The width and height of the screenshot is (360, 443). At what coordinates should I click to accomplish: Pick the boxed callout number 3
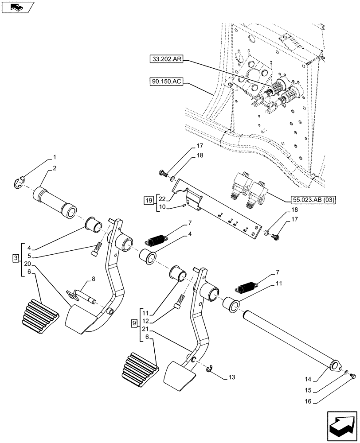pyautogui.click(x=16, y=258)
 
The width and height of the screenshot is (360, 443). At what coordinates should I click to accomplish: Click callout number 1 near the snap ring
pyautogui.click(x=55, y=157)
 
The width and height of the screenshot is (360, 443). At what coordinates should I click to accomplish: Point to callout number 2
pyautogui.click(x=55, y=168)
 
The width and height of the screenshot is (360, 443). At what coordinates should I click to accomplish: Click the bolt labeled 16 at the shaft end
pyautogui.click(x=353, y=376)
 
